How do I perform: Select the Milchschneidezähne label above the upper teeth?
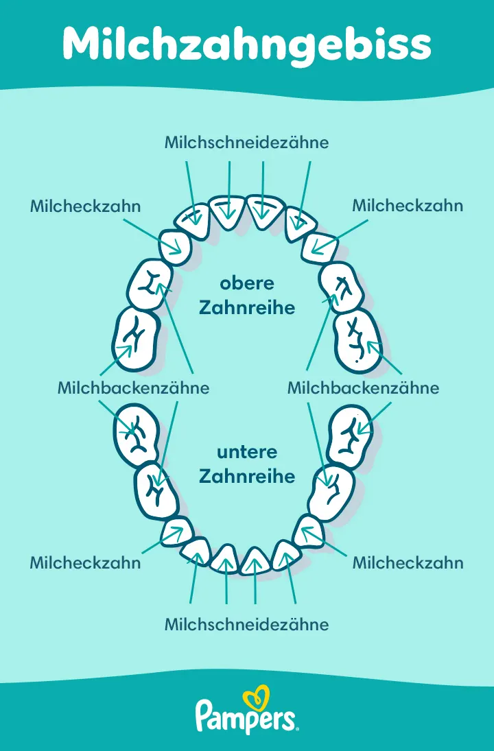(247, 143)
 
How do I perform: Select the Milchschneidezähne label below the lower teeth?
(247, 625)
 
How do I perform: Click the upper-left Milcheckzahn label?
(85, 206)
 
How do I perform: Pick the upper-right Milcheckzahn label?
(408, 206)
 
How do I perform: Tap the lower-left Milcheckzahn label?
(85, 563)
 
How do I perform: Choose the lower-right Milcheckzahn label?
(408, 563)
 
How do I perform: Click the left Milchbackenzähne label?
(133, 388)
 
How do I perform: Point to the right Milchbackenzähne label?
(363, 388)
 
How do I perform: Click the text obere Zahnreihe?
(247, 296)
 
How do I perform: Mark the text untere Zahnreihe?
(247, 464)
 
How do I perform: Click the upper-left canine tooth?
(175, 246)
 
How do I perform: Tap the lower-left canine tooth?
(178, 532)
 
